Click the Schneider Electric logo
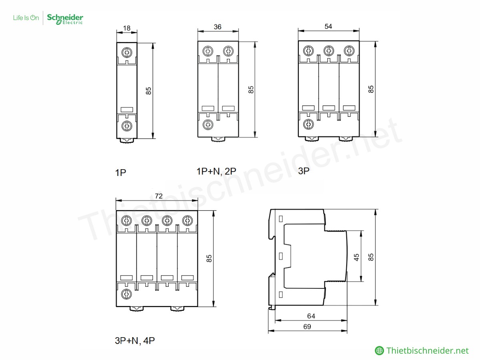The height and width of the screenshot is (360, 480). click(x=65, y=19)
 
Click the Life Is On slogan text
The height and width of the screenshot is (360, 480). click(x=26, y=18)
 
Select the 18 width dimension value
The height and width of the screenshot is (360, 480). click(x=127, y=28)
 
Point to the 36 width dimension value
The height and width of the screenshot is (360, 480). click(x=218, y=27)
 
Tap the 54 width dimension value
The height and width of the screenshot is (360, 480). click(x=328, y=26)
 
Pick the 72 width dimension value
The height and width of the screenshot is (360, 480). click(x=158, y=196)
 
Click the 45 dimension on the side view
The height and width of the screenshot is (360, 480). click(x=357, y=256)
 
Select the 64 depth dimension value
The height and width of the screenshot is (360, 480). click(x=311, y=316)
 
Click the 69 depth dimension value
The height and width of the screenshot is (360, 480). click(x=307, y=326)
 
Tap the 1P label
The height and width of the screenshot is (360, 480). click(x=120, y=173)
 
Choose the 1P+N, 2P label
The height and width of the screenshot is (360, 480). click(x=216, y=171)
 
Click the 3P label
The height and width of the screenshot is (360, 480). click(x=304, y=171)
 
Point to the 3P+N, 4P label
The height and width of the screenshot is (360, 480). click(x=135, y=341)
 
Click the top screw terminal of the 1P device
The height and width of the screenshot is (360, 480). click(x=127, y=52)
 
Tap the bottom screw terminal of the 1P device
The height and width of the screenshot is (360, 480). click(x=127, y=126)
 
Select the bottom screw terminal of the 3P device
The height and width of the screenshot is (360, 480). click(x=308, y=124)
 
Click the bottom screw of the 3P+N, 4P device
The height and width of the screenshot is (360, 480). click(x=126, y=294)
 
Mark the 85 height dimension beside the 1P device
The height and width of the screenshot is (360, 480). click(x=148, y=91)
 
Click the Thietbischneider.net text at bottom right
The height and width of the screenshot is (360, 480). click(x=427, y=351)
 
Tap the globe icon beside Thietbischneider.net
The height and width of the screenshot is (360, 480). click(x=379, y=351)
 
